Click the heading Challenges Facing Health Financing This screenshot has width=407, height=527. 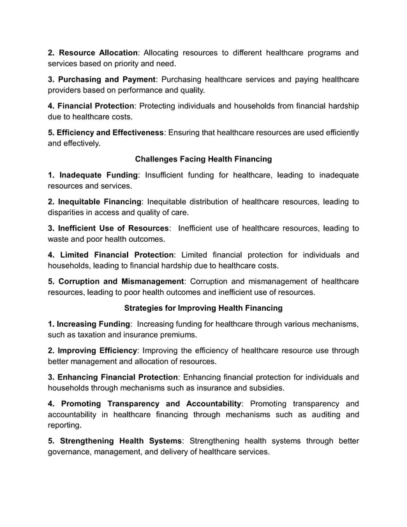pos(203,159)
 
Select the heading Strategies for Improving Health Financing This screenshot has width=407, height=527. pos(203,308)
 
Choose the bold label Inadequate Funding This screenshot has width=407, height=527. pos(98,175)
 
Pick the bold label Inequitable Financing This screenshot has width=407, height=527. pos(100,202)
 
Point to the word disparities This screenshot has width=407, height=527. pos(69,212)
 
